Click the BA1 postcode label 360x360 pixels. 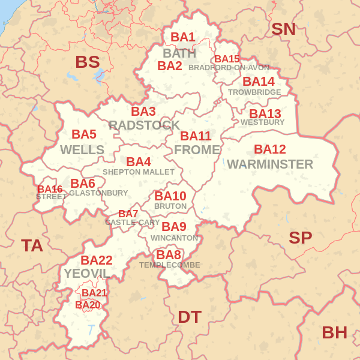pyautogui.click(x=183, y=37)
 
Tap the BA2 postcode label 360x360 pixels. pyautogui.click(x=170, y=66)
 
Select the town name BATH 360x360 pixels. pyautogui.click(x=179, y=53)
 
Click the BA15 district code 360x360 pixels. pyautogui.click(x=227, y=59)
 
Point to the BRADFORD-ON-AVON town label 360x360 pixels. pyautogui.click(x=229, y=68)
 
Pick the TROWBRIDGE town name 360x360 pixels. pyautogui.click(x=254, y=92)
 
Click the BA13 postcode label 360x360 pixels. pyautogui.click(x=265, y=113)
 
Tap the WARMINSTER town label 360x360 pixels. pyautogui.click(x=270, y=164)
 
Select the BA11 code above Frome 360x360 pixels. pyautogui.click(x=196, y=136)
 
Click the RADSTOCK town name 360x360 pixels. pyautogui.click(x=144, y=125)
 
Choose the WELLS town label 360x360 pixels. pyautogui.click(x=82, y=149)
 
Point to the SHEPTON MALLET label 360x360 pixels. pyautogui.click(x=139, y=172)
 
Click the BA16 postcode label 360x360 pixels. pyautogui.click(x=50, y=189)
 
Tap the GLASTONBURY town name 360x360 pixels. pyautogui.click(x=98, y=193)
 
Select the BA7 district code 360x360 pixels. pyautogui.click(x=128, y=214)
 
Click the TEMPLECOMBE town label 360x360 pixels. pyautogui.click(x=170, y=265)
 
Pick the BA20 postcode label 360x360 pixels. pyautogui.click(x=88, y=305)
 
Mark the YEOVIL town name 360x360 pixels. pyautogui.click(x=87, y=274)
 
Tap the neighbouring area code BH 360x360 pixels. pyautogui.click(x=335, y=332)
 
